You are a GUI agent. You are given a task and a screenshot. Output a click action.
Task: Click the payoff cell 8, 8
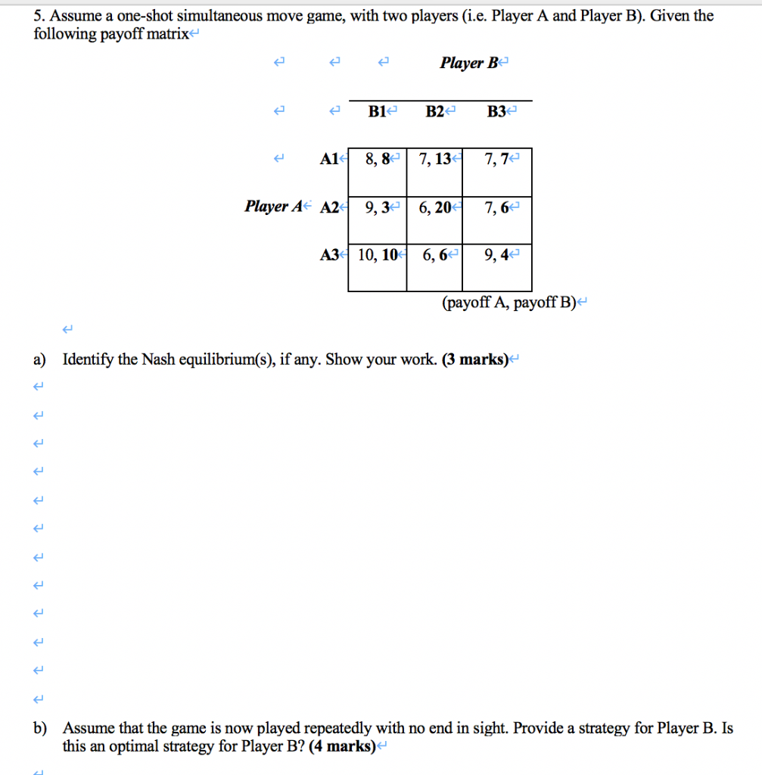click(x=377, y=160)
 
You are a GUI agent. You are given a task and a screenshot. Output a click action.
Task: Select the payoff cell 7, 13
click(x=434, y=160)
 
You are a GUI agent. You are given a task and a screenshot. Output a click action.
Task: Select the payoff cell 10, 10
click(x=377, y=255)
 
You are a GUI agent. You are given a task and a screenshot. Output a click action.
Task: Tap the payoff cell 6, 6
click(x=434, y=255)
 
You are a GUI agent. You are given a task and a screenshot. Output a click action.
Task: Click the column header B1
click(x=378, y=112)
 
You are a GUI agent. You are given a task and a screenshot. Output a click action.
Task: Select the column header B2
click(x=435, y=112)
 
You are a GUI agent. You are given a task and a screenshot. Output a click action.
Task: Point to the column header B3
click(x=497, y=112)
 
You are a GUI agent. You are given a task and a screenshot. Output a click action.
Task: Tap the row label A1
click(x=329, y=160)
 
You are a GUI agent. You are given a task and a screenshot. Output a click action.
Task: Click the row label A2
click(x=330, y=207)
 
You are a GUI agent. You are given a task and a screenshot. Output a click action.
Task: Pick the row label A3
click(x=330, y=255)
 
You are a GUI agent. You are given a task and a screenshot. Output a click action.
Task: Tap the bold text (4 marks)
click(x=341, y=747)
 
